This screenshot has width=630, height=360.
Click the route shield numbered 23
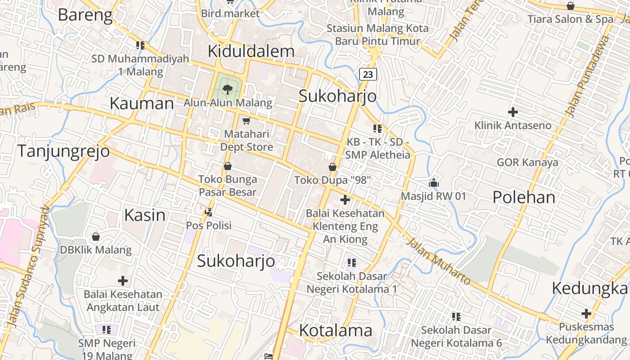coord(368,74)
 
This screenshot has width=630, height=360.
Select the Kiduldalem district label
coord(251,51)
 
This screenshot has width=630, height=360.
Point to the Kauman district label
coord(142,103)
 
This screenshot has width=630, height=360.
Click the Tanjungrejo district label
coord(63,151)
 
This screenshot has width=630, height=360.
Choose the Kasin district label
coord(145,215)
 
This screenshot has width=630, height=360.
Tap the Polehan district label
coord(524,197)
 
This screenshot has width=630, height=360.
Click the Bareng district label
coord(85,15)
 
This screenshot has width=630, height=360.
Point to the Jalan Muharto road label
coord(439,262)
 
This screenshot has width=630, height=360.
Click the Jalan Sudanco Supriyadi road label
coord(28,266)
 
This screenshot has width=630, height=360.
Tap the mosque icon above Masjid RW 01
coord(434,183)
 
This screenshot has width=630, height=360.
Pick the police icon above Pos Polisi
coord(208,211)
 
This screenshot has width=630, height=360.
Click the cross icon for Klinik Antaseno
coord(513,112)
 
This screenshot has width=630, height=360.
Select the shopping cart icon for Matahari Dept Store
coord(246,121)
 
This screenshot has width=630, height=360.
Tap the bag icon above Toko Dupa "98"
coord(333,167)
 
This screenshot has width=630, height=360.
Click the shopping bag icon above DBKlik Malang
coord(96,237)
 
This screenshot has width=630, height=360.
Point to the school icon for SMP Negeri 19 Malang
coord(107,330)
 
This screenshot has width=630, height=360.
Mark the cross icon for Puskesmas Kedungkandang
coord(586,313)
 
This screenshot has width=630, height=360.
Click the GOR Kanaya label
coord(527,162)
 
